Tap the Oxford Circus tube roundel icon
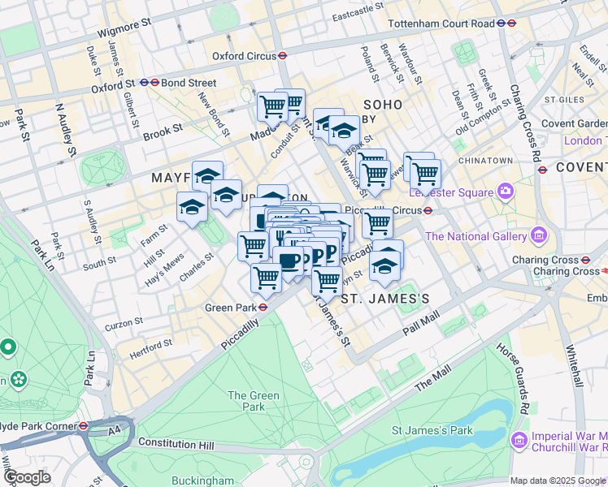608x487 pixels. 281,56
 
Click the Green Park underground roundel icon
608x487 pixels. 263,308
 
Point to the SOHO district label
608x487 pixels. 383,105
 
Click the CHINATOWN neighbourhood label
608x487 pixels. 485,162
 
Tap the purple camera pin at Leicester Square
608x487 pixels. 506,192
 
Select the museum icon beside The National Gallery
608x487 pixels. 537,236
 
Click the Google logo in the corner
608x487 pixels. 27,477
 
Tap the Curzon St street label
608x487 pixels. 124,324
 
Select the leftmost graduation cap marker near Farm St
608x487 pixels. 192,208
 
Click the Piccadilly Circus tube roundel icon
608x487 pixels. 426,210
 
